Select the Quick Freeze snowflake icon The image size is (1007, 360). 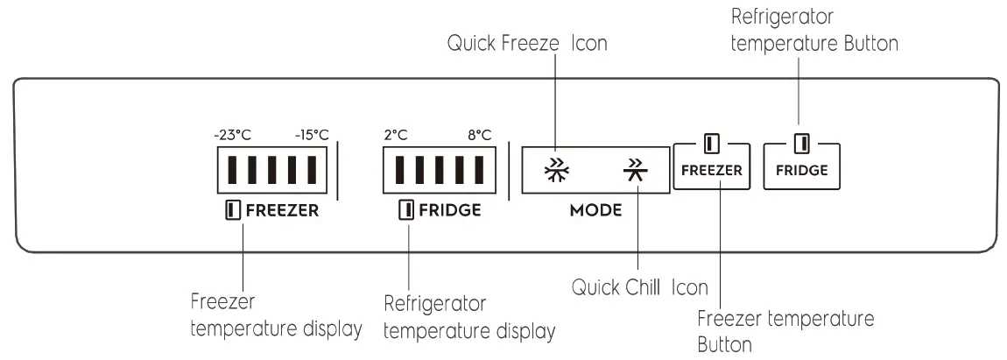point(553,169)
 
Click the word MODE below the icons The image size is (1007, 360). point(595,211)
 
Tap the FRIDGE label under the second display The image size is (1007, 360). point(440,210)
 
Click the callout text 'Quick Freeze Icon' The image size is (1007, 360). point(527,43)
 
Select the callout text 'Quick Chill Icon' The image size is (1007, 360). point(639,288)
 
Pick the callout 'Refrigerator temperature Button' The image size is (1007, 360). point(814,31)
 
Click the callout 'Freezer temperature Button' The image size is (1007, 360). point(785,330)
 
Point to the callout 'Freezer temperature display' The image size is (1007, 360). point(275,316)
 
